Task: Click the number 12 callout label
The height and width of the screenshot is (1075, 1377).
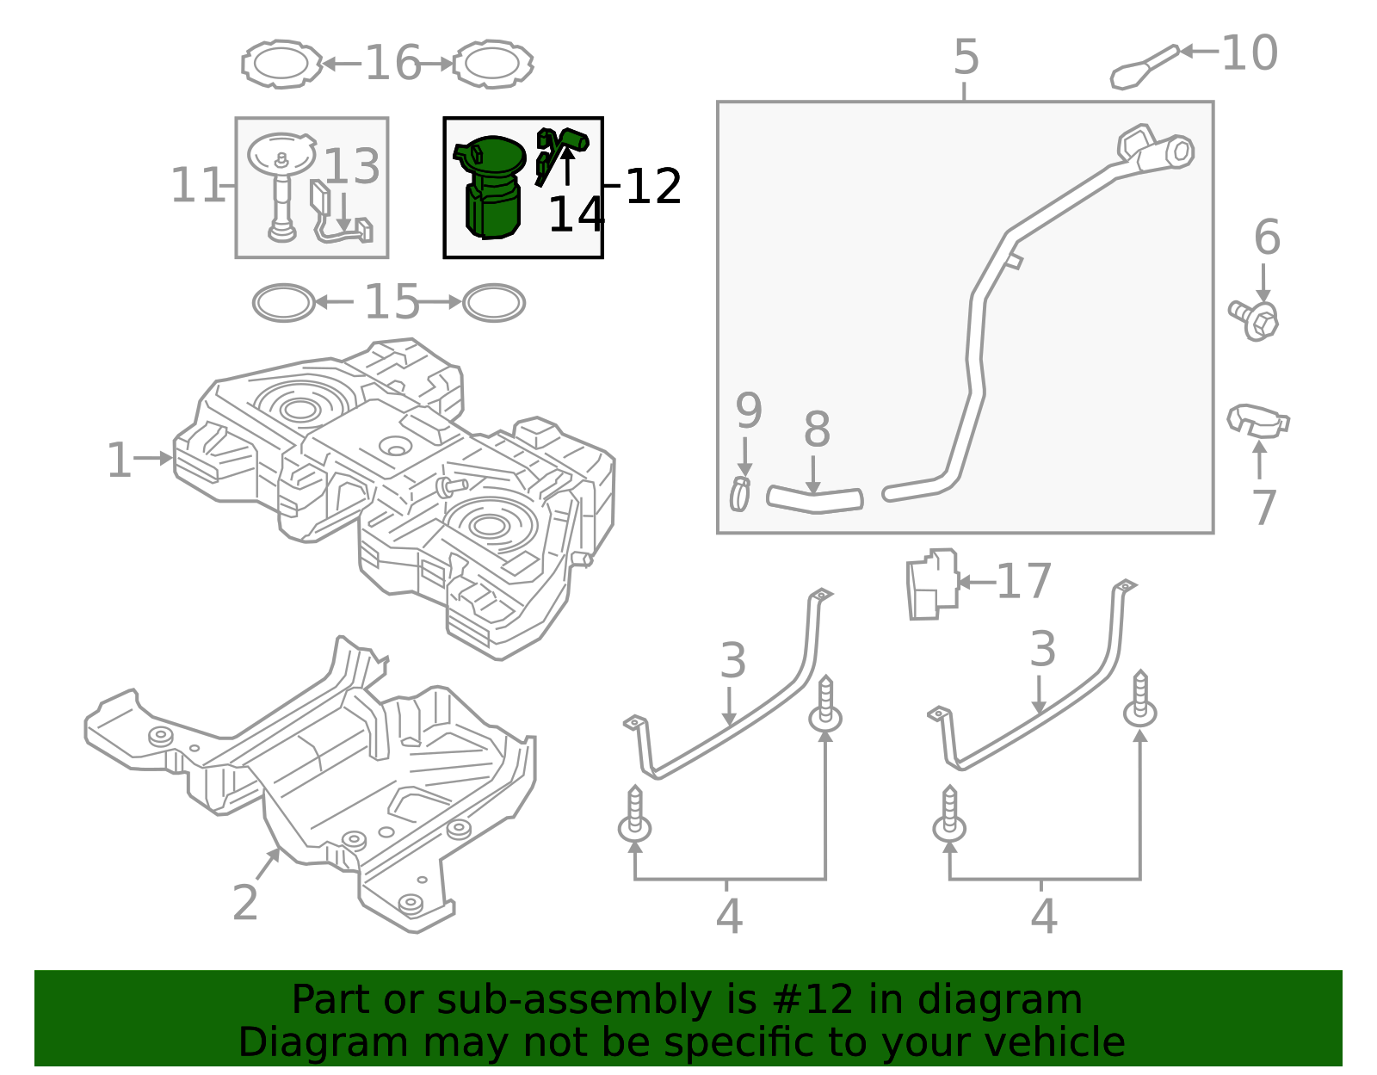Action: (653, 186)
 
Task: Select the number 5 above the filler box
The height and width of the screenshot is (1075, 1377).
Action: (966, 58)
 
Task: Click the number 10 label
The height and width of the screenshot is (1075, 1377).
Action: (1249, 53)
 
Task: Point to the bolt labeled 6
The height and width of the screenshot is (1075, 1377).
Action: (1256, 319)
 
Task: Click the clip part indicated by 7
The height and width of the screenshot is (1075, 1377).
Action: (1257, 421)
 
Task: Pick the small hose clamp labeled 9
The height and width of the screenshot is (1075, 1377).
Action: (739, 493)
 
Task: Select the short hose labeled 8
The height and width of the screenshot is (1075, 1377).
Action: (814, 499)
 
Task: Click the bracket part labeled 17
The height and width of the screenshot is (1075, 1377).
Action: (932, 584)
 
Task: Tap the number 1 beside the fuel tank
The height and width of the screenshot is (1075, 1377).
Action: (119, 460)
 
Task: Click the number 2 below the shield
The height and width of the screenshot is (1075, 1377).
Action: (245, 902)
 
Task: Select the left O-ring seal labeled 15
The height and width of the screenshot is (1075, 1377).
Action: (283, 303)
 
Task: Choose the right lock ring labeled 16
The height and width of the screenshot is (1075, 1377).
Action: (493, 64)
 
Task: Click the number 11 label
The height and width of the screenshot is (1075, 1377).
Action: (197, 185)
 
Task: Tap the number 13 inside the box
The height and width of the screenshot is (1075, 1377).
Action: (351, 166)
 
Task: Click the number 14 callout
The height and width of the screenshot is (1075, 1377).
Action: (576, 214)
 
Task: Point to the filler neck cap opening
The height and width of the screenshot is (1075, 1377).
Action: (1180, 151)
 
